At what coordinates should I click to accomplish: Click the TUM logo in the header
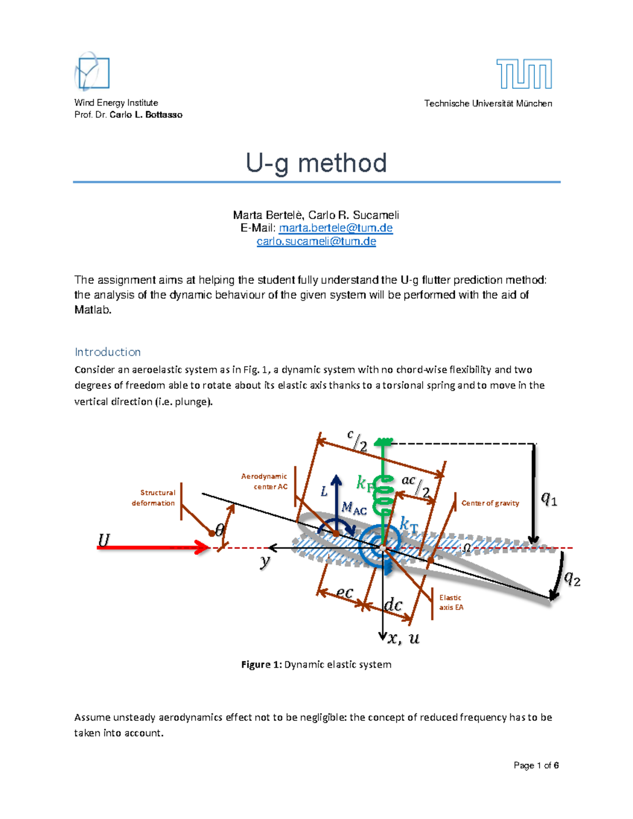point(524,74)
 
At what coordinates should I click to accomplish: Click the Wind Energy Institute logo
point(92,72)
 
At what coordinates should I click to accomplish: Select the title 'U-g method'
point(316,163)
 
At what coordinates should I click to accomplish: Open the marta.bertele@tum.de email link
point(335,228)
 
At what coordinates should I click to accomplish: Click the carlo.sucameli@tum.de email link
point(316,242)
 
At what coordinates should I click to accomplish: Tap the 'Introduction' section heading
point(108,352)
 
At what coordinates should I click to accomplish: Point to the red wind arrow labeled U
point(153,547)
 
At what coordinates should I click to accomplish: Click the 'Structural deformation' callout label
point(154,498)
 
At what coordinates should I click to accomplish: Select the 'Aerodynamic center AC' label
point(265,481)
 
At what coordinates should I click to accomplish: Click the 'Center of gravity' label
point(490,503)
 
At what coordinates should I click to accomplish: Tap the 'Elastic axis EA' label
point(451,602)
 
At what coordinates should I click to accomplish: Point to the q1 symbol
point(549,498)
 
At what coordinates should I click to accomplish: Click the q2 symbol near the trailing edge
point(572,579)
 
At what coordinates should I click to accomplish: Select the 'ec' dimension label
point(344,593)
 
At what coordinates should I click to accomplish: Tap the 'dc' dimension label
point(393,605)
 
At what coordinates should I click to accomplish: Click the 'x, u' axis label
point(404,639)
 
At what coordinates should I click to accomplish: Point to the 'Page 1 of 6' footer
point(536,765)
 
